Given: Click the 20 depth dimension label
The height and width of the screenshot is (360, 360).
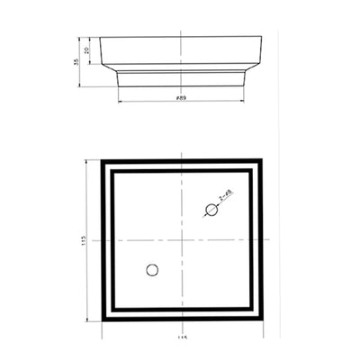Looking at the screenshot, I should pos(87,51).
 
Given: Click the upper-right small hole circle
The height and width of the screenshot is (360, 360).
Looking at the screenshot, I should pos(211,210).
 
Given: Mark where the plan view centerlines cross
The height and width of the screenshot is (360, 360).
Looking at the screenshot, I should pos(182,239).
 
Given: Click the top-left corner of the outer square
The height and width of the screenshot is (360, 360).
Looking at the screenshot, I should pos(102,160).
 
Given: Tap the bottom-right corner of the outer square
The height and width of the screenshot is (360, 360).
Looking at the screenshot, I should pos(262,319).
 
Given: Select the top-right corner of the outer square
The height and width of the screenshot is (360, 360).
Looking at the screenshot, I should pos(262,160).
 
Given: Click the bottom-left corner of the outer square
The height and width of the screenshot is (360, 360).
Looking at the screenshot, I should pos(102,319).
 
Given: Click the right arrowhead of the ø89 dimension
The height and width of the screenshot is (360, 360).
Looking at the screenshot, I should pos(244,100).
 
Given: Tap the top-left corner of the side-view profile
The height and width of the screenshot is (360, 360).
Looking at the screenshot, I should pos(99,38).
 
